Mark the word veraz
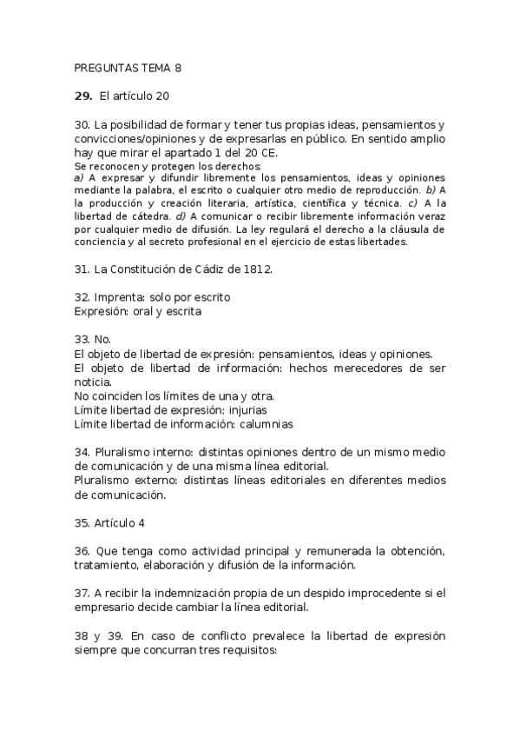tap(428, 216)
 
